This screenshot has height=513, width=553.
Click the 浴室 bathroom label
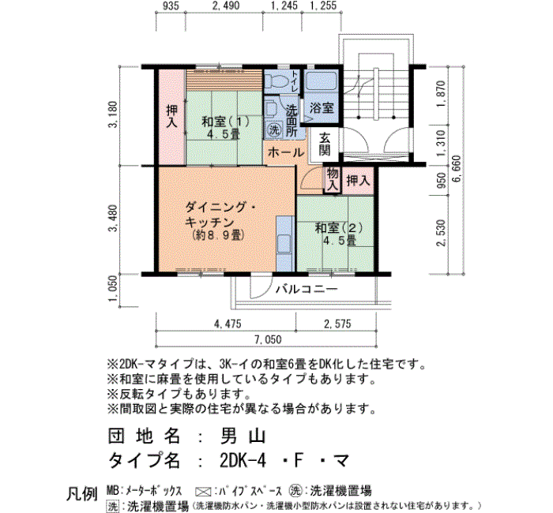(322, 108)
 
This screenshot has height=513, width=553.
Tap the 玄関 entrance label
(325, 144)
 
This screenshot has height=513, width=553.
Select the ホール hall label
(286, 152)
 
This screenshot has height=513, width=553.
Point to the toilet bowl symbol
(276, 81)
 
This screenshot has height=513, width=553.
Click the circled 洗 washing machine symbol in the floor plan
(274, 129)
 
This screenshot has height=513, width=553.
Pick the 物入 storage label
(333, 180)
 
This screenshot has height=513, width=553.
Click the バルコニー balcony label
(307, 290)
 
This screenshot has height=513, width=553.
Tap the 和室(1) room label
(225, 122)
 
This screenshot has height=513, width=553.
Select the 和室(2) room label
(339, 228)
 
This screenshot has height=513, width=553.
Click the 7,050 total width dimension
(268, 339)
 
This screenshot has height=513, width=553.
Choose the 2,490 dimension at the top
(226, 6)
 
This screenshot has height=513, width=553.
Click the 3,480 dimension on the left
(113, 219)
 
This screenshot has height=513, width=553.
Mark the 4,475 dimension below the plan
(228, 324)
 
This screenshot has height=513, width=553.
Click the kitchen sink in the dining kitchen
(284, 244)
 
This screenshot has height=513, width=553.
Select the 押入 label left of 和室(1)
(171, 117)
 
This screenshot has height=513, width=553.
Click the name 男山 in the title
(243, 436)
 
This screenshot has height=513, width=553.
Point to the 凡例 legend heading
(82, 494)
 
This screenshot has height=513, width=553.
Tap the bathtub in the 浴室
(322, 82)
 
